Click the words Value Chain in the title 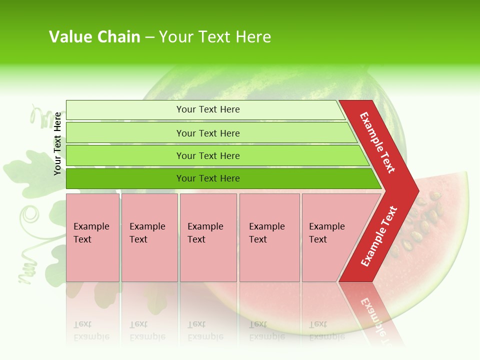(94, 37)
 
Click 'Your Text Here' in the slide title (215, 37)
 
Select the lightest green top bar (208, 109)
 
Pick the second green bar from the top (208, 133)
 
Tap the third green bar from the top (208, 155)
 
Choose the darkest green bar (208, 178)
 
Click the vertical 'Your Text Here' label (57, 143)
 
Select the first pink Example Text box (92, 237)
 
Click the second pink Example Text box (149, 237)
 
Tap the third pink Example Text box (208, 237)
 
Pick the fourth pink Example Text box (269, 237)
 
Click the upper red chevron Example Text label (377, 142)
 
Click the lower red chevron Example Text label (379, 236)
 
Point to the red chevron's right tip (417, 191)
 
